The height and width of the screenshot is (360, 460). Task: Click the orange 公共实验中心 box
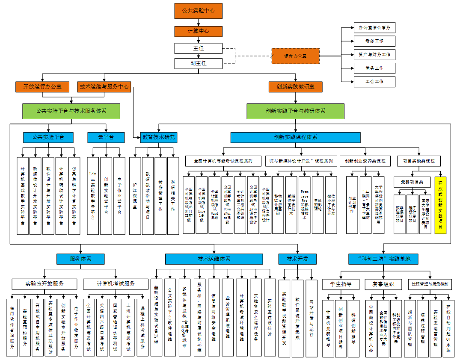[199, 11]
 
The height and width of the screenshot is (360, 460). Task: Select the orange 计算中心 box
[199, 31]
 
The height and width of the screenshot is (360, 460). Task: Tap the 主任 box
[199, 48]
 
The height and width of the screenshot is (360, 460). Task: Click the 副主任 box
[199, 63]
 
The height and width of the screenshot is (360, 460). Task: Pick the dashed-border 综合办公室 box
[295, 56]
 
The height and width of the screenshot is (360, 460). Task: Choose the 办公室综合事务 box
[374, 28]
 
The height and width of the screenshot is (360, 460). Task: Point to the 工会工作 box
[374, 81]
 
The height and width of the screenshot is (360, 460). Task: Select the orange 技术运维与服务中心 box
[104, 87]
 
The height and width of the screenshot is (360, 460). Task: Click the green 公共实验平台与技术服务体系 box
[71, 111]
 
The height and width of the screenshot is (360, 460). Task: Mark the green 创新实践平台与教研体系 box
[295, 111]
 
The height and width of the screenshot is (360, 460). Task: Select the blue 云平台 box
[106, 137]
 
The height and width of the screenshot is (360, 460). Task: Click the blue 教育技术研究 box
[158, 137]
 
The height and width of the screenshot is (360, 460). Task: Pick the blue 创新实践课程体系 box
[295, 137]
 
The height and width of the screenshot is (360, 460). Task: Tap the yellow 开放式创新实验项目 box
[440, 205]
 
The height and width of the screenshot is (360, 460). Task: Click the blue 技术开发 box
[295, 259]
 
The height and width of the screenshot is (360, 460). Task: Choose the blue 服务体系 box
[80, 259]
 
